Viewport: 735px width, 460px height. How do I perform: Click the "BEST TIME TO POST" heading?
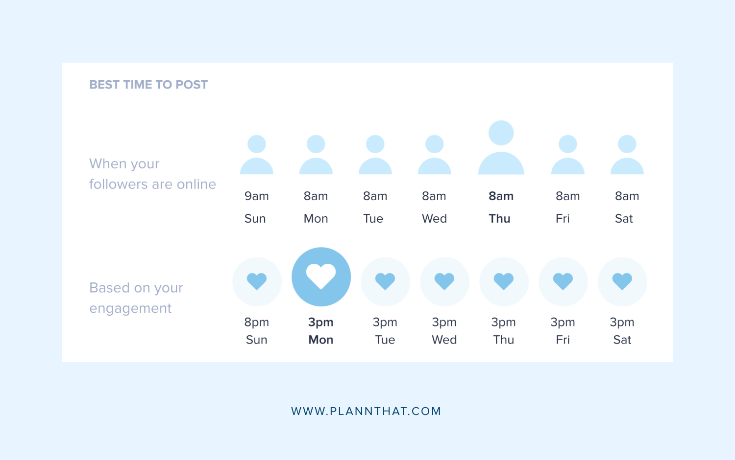tap(148, 85)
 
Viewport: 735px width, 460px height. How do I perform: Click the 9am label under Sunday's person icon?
tap(257, 196)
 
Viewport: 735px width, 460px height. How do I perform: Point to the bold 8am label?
tap(501, 196)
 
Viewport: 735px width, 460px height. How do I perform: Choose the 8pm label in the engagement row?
tap(257, 322)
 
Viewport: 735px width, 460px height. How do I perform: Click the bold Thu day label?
tap(499, 219)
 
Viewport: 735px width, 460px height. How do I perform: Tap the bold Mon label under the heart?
tap(321, 340)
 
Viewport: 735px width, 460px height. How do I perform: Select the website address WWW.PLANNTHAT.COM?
tap(366, 411)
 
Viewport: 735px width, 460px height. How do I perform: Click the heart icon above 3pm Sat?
tap(622, 281)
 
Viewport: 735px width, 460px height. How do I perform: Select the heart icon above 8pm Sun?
tap(257, 281)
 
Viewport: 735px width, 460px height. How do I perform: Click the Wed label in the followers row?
tap(434, 219)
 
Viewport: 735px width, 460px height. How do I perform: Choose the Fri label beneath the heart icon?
tap(563, 340)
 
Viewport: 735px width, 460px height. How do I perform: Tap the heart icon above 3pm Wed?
tap(444, 281)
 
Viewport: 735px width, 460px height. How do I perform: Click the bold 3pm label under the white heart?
tap(321, 322)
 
